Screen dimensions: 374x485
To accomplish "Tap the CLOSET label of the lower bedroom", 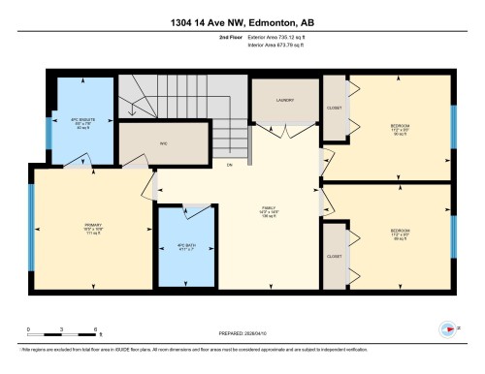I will tap(335, 257).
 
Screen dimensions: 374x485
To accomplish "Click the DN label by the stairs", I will tap(230, 165).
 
